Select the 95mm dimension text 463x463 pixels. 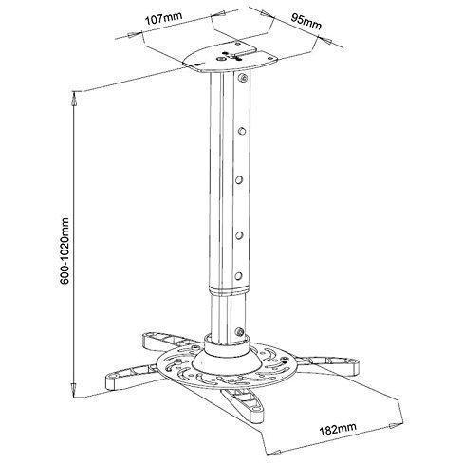[306, 22]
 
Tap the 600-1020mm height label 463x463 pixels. [64, 250]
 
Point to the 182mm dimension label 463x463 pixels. [338, 428]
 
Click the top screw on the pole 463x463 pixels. [243, 78]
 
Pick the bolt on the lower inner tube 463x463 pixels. [239, 332]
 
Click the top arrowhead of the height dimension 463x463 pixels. [75, 99]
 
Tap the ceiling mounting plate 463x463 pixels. [231, 58]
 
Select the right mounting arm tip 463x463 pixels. [352, 367]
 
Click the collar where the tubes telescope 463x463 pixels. [228, 291]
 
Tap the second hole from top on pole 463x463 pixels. [242, 130]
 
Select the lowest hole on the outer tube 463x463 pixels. [238, 275]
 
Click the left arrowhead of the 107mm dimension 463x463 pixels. [132, 34]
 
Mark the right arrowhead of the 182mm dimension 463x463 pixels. [393, 425]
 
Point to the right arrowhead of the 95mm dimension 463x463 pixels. [326, 40]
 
